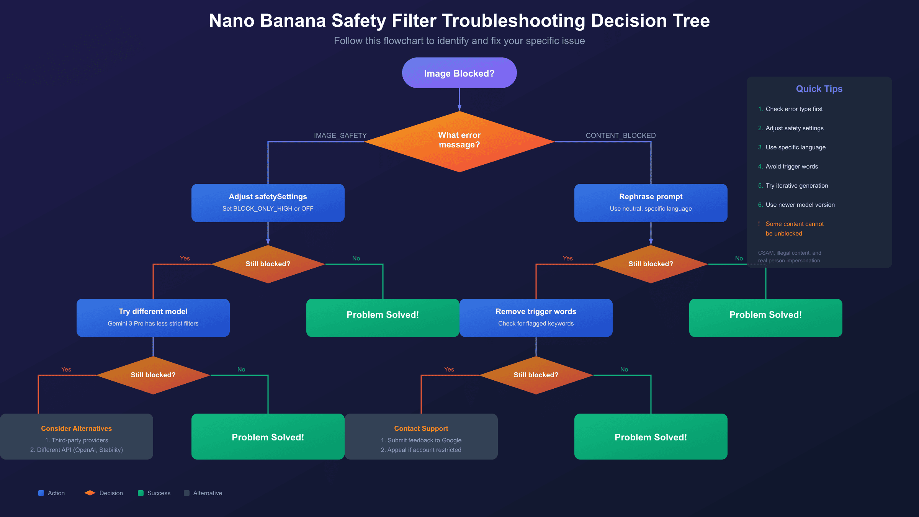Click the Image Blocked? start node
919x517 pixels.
(459, 73)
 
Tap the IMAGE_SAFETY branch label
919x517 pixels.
(340, 136)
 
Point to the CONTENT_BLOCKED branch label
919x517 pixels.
(620, 136)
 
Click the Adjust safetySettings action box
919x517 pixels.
(268, 203)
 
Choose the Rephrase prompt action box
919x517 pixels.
(651, 203)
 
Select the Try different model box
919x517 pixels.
(153, 317)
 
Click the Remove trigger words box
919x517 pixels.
(536, 317)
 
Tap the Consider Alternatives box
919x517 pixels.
(76, 436)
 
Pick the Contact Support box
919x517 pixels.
(421, 436)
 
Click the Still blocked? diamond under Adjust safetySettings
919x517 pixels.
(268, 264)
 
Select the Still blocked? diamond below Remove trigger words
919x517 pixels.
(536, 375)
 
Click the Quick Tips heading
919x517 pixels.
(819, 89)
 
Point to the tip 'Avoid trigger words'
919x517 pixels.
(791, 167)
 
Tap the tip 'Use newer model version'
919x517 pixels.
(800, 205)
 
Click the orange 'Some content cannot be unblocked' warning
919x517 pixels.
(794, 229)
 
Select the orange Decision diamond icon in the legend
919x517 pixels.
(90, 493)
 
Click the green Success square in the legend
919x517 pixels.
(141, 493)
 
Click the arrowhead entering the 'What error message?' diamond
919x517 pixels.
(459, 108)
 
